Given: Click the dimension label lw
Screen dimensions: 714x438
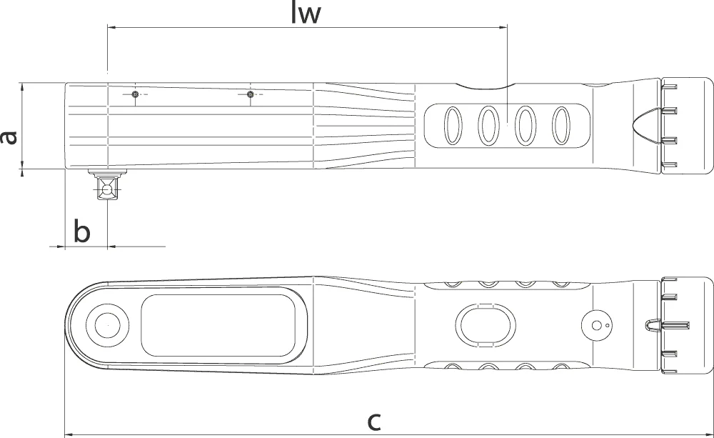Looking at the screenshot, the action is point(306,14).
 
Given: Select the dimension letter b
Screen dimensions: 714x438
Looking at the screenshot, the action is point(82,231).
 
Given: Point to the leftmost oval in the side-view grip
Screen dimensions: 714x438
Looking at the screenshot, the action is point(453,126).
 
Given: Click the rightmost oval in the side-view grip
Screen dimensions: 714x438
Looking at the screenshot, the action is point(561,126).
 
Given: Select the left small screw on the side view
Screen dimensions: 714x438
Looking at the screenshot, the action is point(135,94).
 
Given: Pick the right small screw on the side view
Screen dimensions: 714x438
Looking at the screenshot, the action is point(249,94).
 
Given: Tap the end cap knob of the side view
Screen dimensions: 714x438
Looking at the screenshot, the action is point(687,126).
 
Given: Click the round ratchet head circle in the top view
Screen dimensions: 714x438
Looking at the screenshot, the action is point(108,325).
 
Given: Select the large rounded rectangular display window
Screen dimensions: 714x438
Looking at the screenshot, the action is point(218,325).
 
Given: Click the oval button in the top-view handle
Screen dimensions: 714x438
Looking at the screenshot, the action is point(486,325).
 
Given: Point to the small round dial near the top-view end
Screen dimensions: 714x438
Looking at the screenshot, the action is point(596,325).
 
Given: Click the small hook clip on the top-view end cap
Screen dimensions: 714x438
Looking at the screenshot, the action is point(652,325).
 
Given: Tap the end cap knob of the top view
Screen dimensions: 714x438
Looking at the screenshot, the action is point(687,325).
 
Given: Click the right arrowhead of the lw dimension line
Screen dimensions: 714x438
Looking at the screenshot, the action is point(502,27).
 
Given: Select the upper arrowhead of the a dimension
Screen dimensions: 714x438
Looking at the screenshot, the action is point(22,88).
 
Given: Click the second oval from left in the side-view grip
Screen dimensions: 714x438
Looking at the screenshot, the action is point(488,126).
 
